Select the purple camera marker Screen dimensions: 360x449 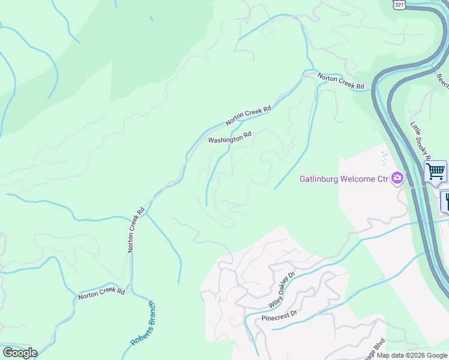pyautogui.click(x=397, y=178)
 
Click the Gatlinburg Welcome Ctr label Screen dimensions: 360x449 pyautogui.click(x=343, y=179)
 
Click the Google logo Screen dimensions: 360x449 pyautogui.click(x=20, y=352)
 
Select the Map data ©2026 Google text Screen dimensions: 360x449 pyautogui.click(x=412, y=355)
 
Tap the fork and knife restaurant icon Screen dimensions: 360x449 pyautogui.click(x=445, y=200)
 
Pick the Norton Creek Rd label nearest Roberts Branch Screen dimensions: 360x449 pyautogui.click(x=101, y=293)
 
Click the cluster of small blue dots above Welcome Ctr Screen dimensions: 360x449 pyautogui.click(x=384, y=158)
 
